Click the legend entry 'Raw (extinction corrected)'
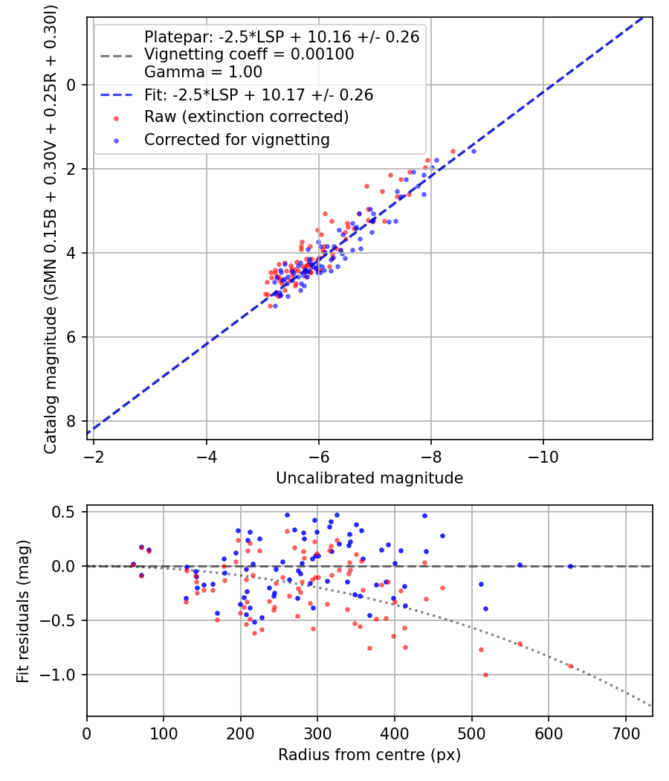click(246, 117)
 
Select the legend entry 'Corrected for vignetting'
click(236, 139)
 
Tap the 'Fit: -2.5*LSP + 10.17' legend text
click(258, 95)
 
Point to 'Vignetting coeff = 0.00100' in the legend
click(249, 54)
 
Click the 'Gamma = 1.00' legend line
click(203, 72)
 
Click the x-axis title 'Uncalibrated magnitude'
click(369, 478)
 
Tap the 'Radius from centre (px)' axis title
click(369, 755)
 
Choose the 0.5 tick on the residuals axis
click(65, 512)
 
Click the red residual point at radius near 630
click(570, 666)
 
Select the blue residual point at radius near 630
click(570, 566)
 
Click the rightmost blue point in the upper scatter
click(474, 151)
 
